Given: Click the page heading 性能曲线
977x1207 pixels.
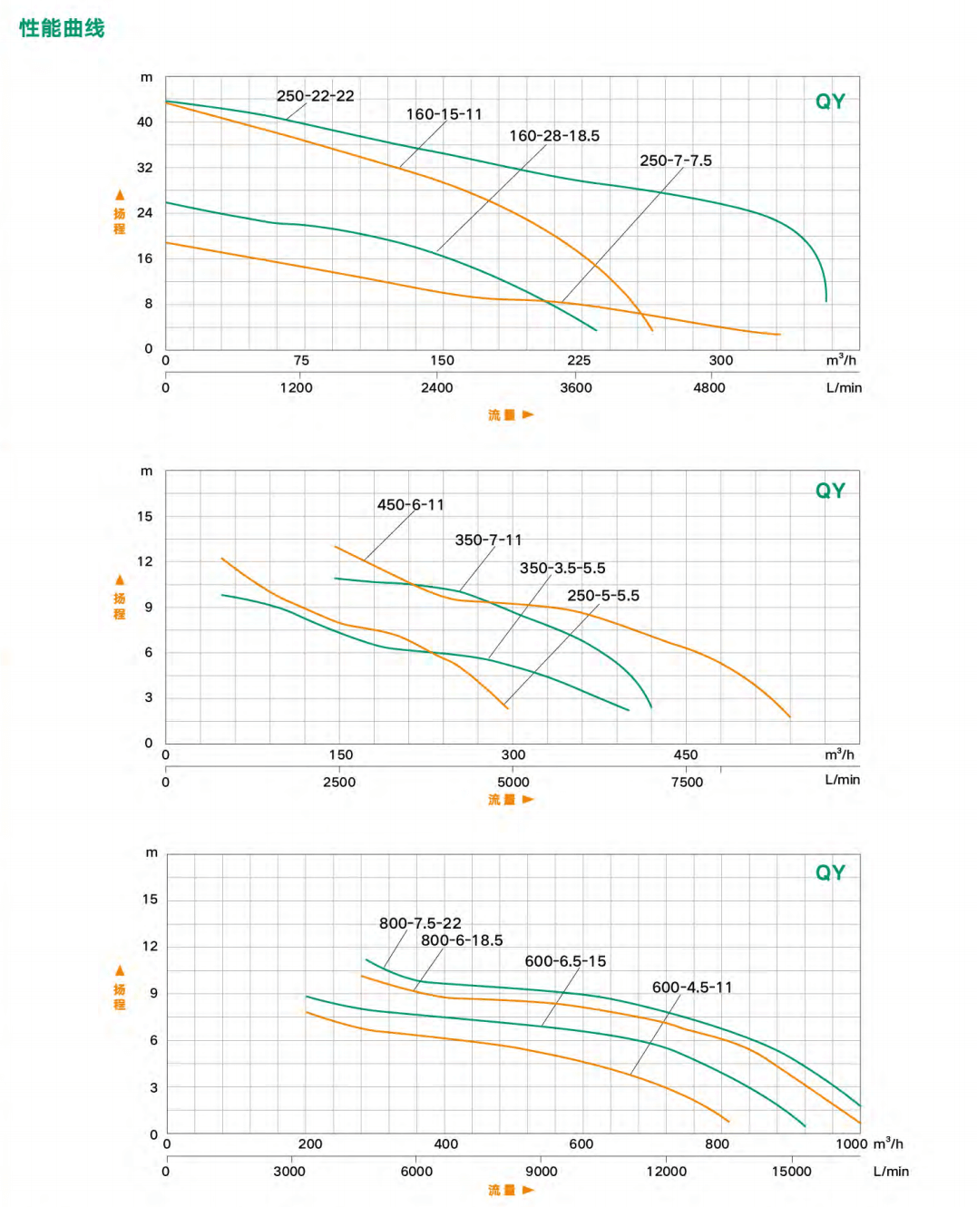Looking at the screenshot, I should tap(62, 28).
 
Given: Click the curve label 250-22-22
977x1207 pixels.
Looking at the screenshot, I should tap(315, 96).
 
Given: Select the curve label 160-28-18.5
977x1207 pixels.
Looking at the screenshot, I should tap(553, 136).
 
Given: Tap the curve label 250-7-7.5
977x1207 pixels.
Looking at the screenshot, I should tap(675, 161).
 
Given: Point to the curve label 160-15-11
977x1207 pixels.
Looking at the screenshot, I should tap(444, 114).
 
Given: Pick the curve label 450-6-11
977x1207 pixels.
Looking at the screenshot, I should tap(410, 505).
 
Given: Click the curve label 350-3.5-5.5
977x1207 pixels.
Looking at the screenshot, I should tap(562, 569).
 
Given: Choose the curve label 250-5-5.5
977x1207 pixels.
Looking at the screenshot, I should tap(602, 596).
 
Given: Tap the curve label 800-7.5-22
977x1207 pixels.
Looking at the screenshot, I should tap(419, 923).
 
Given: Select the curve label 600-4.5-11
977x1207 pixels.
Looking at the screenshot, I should tap(691, 988).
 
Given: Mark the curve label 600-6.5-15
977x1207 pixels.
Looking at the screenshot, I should tap(565, 961).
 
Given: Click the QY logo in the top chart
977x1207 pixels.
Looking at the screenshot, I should tap(829, 102).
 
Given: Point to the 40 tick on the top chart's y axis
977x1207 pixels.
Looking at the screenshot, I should tap(145, 122).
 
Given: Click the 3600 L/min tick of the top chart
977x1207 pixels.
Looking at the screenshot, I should tap(576, 388).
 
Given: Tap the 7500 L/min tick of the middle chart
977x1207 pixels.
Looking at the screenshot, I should tap(687, 783).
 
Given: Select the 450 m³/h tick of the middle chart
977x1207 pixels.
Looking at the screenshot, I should tap(685, 754).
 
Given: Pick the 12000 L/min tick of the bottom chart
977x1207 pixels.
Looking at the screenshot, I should tap(666, 1172).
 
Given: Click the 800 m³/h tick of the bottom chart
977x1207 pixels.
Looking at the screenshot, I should tap(717, 1144).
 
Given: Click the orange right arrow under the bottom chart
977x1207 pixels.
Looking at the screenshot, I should tap(528, 1190).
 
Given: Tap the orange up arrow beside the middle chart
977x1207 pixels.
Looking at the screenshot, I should tap(120, 579).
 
